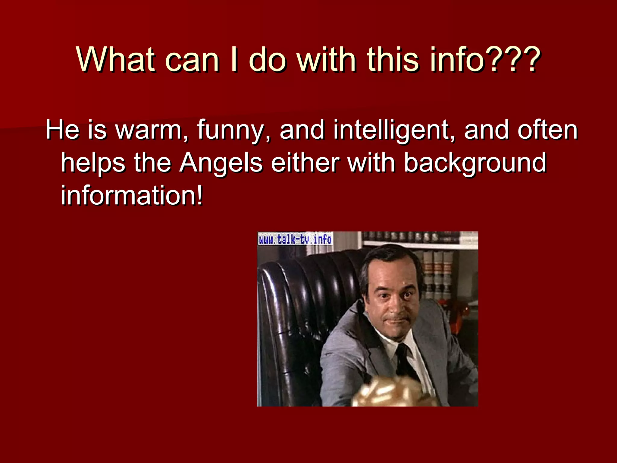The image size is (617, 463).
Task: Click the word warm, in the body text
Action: tap(152, 130)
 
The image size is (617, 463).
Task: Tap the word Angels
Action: tap(221, 163)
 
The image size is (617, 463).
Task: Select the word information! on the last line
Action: tap(132, 195)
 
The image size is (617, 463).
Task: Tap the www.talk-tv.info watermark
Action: tap(295, 239)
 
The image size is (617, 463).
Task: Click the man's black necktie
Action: tap(405, 362)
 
